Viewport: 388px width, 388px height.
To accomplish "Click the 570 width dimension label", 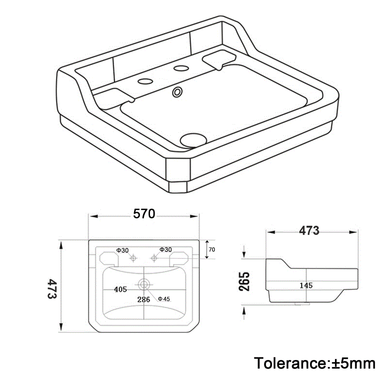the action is (144, 214).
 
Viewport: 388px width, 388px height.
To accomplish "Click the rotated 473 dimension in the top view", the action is (52, 289).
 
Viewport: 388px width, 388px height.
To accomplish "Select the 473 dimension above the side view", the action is (309, 231).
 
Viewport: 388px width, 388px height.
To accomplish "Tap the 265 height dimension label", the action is (244, 282).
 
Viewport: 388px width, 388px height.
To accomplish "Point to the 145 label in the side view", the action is (306, 285).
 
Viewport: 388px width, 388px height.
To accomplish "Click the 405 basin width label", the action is (121, 289).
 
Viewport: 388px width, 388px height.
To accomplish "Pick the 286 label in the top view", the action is (144, 300).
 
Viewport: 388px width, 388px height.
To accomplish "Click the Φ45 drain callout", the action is (164, 299).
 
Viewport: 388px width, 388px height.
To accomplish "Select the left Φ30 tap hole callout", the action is (122, 250).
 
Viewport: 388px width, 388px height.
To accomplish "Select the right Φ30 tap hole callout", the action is (166, 250).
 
